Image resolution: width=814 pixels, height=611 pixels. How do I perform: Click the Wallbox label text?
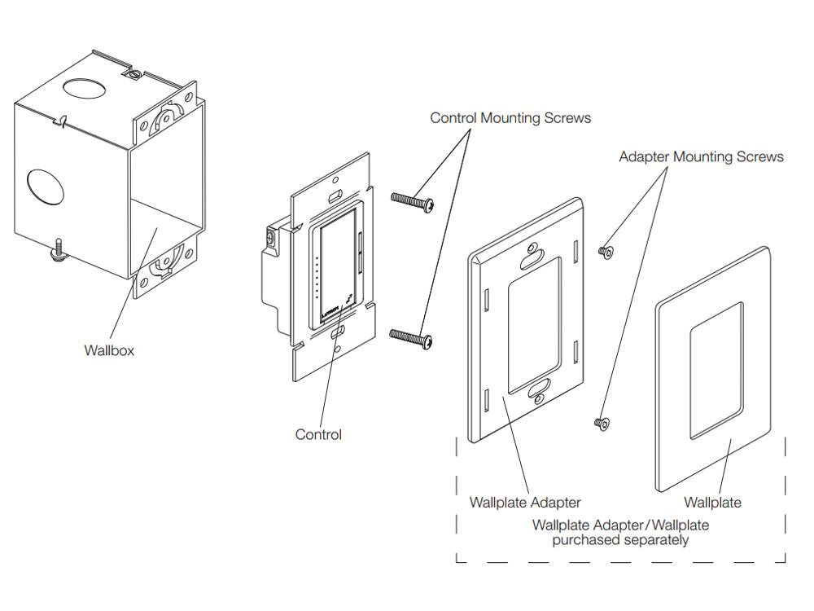click(x=109, y=350)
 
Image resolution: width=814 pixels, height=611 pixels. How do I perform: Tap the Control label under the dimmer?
click(x=318, y=435)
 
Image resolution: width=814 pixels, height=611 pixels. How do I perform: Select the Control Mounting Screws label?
click(x=510, y=118)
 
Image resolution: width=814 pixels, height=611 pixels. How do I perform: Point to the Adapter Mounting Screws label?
click(x=701, y=156)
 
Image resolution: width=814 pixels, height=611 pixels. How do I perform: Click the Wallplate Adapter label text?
click(x=525, y=503)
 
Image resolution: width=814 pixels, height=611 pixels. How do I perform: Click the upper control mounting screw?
click(x=412, y=200)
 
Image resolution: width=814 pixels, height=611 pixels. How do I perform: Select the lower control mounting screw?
click(x=412, y=336)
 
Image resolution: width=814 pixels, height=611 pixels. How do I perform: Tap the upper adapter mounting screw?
click(x=605, y=252)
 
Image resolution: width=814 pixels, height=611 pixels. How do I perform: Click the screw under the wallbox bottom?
click(x=60, y=248)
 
